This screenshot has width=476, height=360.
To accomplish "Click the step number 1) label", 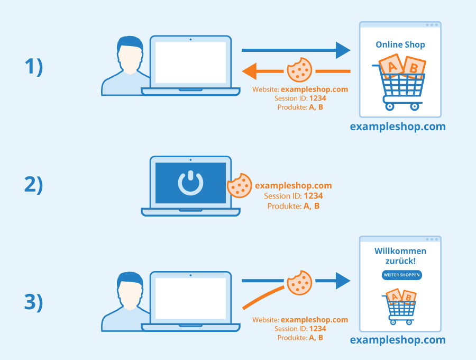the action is coord(34,67).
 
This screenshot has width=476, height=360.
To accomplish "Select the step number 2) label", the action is coord(34,184).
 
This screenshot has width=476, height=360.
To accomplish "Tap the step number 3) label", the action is coord(34,302).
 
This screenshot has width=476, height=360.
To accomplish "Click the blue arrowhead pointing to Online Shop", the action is coord(343,50).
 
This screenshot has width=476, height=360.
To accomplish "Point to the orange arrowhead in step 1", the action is coord(249,71).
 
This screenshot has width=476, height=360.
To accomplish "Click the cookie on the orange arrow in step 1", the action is coord(300,70).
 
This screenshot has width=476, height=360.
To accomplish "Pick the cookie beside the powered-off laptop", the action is coord(240,186).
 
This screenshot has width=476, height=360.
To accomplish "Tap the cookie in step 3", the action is coord(300,283).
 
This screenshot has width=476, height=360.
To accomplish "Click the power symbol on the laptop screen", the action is coord(190,183).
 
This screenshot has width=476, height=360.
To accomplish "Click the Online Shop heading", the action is coord(400,44).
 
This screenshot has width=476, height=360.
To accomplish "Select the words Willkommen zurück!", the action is coord(400,256).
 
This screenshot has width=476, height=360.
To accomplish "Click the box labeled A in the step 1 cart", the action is coord(391,66).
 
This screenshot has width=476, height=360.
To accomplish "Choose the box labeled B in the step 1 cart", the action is coord(414,67).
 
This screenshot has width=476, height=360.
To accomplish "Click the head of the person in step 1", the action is coord(130,55).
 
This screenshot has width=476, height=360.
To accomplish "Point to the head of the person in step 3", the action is coord(130,291).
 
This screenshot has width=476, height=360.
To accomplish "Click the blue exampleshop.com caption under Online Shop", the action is coord(398,127).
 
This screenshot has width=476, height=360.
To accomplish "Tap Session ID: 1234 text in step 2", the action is coord(293,196).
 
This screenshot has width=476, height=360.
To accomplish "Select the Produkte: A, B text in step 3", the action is coord(300,338).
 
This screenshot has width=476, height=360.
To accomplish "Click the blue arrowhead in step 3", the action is coord(343,281).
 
